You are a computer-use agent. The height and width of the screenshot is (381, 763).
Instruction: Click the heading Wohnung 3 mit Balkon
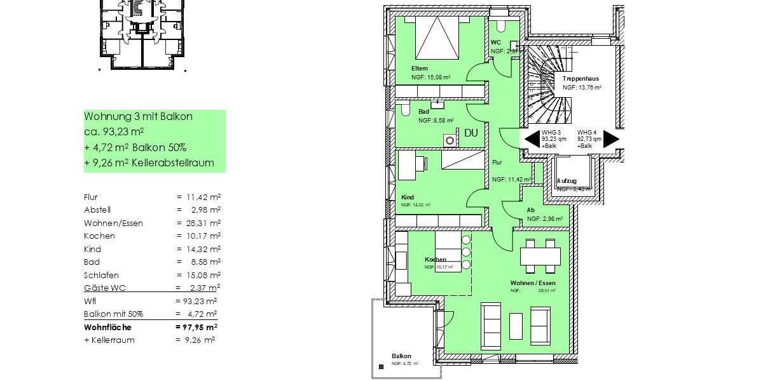[x=138, y=117]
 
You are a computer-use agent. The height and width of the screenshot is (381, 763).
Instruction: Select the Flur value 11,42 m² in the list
[x=200, y=197]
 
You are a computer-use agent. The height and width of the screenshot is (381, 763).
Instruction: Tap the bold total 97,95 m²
[x=197, y=327]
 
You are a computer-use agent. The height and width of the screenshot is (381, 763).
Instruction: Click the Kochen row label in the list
[x=99, y=236]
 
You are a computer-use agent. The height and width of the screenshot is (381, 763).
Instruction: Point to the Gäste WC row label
[x=104, y=288]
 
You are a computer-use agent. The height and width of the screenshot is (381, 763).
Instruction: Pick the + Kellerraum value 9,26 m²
[x=198, y=340]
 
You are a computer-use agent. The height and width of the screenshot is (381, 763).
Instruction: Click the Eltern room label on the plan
[x=420, y=69]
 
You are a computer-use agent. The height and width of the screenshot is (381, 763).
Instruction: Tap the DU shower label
[x=471, y=133]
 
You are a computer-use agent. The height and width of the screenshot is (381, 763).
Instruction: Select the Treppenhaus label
[x=580, y=79]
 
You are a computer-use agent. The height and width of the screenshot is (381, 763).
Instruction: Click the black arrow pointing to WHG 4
[x=611, y=139]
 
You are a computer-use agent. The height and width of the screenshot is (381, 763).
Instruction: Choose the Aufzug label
[x=567, y=181]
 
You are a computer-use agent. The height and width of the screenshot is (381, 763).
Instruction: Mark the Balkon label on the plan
[x=401, y=356]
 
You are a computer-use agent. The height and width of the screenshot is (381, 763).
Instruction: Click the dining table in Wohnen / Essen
[x=540, y=256]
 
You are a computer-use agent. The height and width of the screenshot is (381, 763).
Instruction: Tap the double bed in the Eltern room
[x=437, y=37]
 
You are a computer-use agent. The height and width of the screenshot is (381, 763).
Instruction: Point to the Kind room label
[x=408, y=197]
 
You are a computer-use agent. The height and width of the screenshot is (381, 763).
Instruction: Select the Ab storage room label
[x=530, y=211]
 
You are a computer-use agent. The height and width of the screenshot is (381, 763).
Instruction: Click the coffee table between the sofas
[x=516, y=326]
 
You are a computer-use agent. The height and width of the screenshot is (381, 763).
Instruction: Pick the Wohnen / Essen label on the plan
[x=533, y=283]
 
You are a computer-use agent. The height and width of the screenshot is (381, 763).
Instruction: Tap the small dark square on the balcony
[x=381, y=366]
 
